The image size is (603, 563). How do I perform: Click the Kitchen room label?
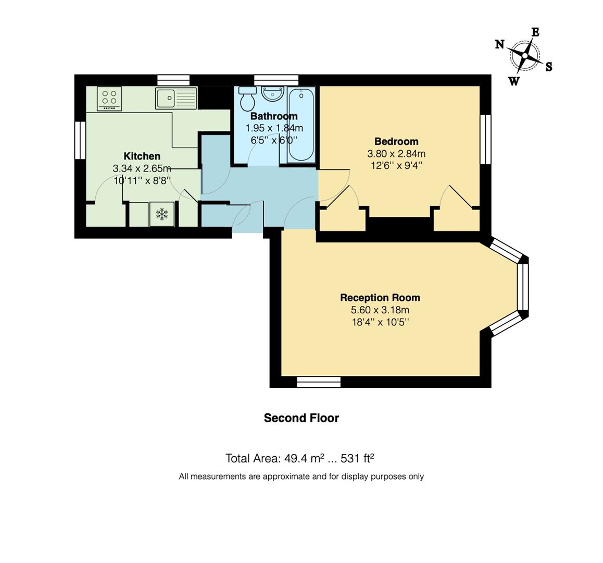pos(142,156)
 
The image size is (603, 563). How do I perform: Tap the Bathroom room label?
pos(274,116)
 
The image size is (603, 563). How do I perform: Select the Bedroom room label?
pos(396,141)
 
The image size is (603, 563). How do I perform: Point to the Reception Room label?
pos(380,298)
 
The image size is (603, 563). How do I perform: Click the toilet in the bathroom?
pos(247,99)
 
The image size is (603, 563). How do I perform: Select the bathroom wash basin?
pos(273,93)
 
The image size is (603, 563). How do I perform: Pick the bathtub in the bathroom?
pos(301,125)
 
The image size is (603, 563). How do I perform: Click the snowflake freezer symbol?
pos(162,214)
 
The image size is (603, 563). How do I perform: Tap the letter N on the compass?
pos(499,44)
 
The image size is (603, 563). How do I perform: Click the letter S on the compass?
pos(549,67)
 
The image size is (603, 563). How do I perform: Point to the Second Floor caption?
pos(301,418)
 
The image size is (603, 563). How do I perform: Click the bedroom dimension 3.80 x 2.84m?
pos(396,154)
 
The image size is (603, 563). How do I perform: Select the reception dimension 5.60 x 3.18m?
pos(380,310)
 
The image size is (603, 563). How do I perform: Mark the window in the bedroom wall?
pos(486,139)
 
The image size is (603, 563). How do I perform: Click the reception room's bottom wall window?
pos(319,382)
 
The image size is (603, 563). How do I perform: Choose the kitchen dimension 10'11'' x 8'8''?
pos(142,180)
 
